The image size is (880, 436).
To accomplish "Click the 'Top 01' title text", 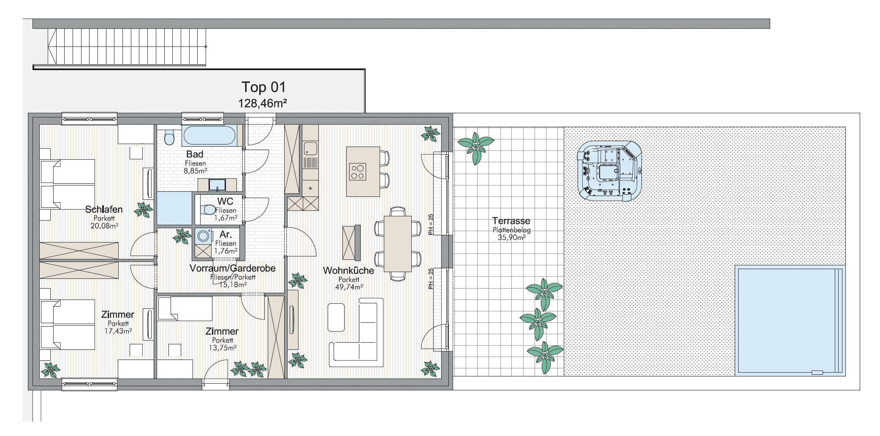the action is pos(263,87).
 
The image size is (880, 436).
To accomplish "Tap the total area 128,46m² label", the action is pos(263,103).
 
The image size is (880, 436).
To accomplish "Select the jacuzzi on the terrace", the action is pos(609,171).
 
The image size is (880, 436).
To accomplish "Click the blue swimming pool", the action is pos(790,320).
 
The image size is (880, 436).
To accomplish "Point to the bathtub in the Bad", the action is pos(209,135).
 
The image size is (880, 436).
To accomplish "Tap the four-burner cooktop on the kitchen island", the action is pos(357,172).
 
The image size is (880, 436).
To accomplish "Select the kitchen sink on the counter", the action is pos(310,148).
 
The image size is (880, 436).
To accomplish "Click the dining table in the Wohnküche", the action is pos(397,244).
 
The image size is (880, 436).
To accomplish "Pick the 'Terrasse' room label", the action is pos(511,221).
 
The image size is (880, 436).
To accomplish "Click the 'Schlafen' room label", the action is pos(104,209).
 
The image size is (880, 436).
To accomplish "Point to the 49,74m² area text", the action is pos(349,287).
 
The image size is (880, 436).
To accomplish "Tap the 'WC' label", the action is pos(225,202).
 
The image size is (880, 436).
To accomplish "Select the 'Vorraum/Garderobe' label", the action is pos(233,268).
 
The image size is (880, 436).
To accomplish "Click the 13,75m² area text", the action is pos(223,348).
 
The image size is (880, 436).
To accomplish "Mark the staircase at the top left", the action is pos(127,47).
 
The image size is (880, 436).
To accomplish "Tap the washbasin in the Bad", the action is pos(217,185).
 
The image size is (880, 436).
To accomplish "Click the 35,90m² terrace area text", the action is pos(511,237).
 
